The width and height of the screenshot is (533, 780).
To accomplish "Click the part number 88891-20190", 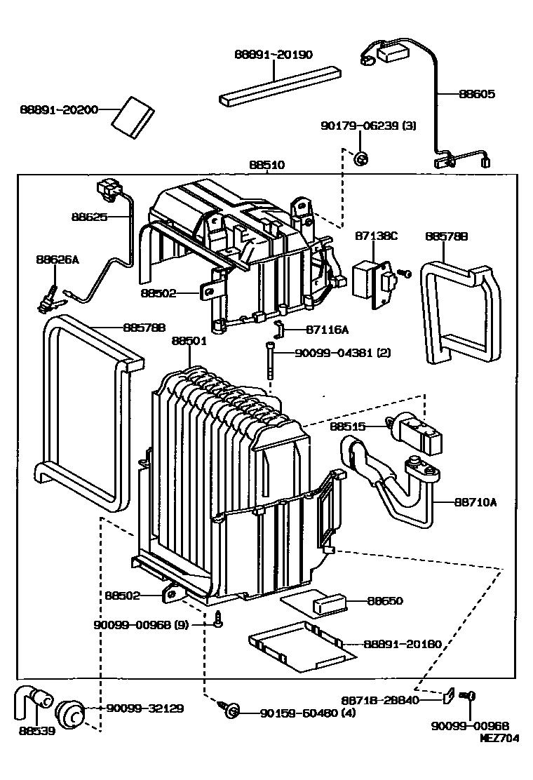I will [x=274, y=55].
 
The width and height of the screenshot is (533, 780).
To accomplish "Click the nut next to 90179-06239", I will [x=361, y=159].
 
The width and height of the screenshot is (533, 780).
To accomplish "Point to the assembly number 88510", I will [x=266, y=166].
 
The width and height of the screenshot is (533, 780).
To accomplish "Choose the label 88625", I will [x=89, y=217].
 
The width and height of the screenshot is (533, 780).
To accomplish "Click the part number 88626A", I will [x=58, y=260].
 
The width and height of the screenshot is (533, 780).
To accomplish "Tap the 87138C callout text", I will [x=378, y=236].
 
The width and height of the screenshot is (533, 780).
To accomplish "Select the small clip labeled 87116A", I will [x=278, y=327].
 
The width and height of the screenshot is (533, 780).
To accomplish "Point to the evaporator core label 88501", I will [x=189, y=341].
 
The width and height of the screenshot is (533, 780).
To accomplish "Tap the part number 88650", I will [x=386, y=600].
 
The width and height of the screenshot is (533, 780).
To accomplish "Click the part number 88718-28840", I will [x=381, y=699].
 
